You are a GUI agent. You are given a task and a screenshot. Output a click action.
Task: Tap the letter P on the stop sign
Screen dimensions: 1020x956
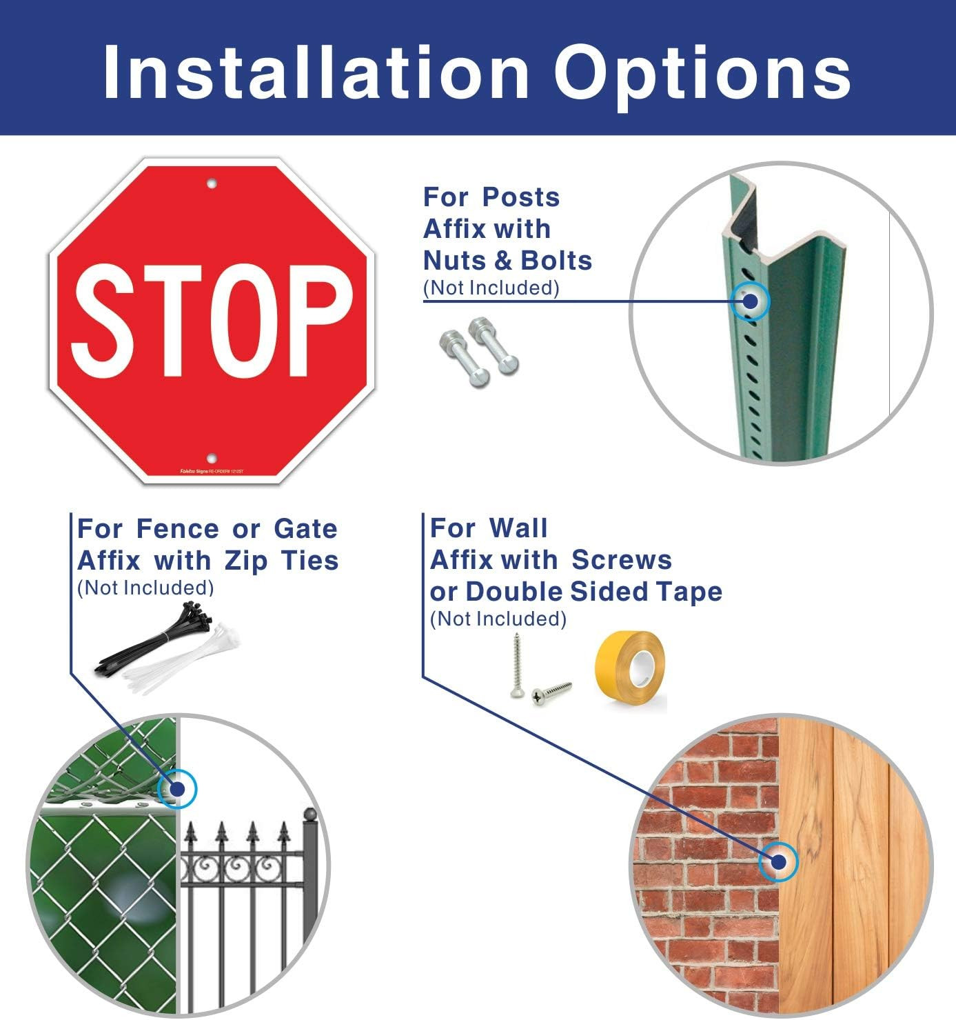click(x=318, y=321)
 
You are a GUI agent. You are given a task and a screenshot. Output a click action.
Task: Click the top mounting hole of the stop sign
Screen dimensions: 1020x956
click(x=212, y=183)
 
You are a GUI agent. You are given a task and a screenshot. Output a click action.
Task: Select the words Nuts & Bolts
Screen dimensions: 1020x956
click(x=507, y=261)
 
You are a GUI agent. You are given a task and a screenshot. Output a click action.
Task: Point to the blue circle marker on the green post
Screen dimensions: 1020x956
click(x=750, y=301)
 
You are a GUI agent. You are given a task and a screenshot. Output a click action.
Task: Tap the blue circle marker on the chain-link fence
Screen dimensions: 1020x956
click(x=178, y=788)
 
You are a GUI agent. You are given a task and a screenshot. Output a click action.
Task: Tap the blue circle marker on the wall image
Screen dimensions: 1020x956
click(x=778, y=861)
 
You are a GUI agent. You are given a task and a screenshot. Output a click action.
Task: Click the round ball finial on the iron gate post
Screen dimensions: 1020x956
click(x=310, y=814)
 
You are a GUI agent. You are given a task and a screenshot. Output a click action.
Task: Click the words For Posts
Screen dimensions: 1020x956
click(x=491, y=197)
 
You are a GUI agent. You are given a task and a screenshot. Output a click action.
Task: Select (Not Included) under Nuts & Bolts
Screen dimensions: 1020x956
click(x=491, y=288)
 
